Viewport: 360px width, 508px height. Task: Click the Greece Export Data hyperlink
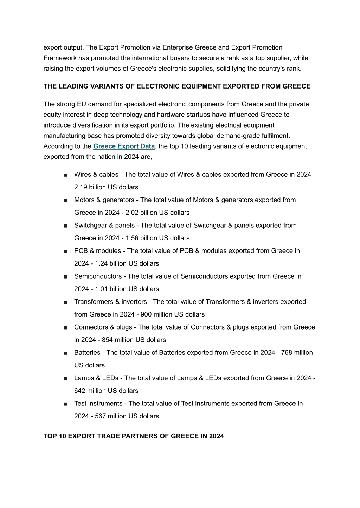pyautogui.click(x=124, y=146)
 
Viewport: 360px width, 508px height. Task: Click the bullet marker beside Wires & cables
pyautogui.click(x=66, y=175)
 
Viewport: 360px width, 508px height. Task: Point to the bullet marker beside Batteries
pyautogui.click(x=66, y=353)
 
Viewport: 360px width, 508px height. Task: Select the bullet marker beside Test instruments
pyautogui.click(x=66, y=404)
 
